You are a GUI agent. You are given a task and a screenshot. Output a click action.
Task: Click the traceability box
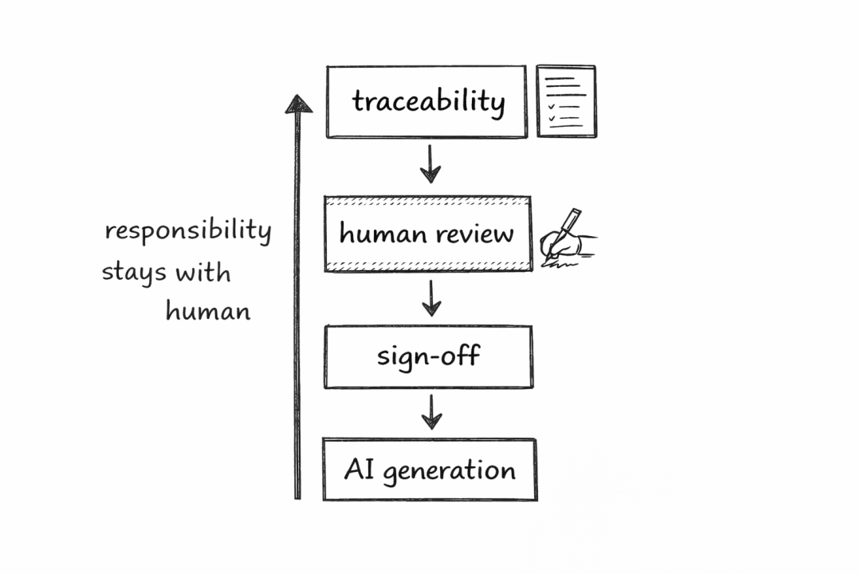[x=427, y=101]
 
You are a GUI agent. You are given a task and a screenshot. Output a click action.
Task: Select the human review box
[x=427, y=234]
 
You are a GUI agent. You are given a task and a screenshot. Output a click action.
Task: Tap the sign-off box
[x=428, y=356]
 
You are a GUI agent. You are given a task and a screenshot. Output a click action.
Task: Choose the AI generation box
[x=429, y=470]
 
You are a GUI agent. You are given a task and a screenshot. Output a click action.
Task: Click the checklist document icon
[x=565, y=100]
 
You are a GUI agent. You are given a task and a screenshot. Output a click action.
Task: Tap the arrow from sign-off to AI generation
[x=431, y=411]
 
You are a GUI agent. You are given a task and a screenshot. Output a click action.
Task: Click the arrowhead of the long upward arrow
[x=298, y=104]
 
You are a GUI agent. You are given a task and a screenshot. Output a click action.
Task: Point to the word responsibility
[x=188, y=231]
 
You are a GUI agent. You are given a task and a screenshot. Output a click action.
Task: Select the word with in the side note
[x=202, y=273]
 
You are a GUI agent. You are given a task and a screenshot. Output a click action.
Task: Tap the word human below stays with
[x=207, y=310]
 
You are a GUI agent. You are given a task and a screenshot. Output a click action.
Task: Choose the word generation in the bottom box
[x=449, y=470]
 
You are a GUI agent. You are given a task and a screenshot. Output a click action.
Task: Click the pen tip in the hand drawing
[x=545, y=257]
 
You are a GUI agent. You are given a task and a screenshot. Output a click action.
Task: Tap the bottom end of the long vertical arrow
[x=297, y=496]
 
